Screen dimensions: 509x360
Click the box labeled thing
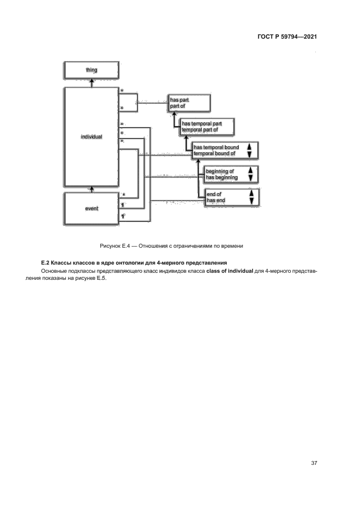pyautogui.click(x=91, y=70)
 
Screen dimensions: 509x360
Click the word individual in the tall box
pyautogui.click(x=91, y=137)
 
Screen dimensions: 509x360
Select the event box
pyautogui.click(x=91, y=208)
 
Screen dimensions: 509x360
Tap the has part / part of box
pyautogui.click(x=188, y=103)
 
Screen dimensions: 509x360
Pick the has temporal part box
pyautogui.click(x=208, y=127)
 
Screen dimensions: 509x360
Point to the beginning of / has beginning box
pyautogui.click(x=229, y=175)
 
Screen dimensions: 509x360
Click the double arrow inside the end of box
pyautogui.click(x=251, y=198)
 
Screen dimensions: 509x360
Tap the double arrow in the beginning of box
pyautogui.click(x=250, y=174)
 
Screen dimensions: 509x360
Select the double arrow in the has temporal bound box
pyautogui.click(x=249, y=151)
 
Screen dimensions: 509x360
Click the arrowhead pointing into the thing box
pyautogui.click(x=91, y=82)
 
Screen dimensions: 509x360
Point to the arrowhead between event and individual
pyautogui.click(x=91, y=189)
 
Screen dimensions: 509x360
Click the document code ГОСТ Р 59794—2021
pyautogui.click(x=287, y=37)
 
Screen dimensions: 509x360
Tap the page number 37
pyautogui.click(x=314, y=463)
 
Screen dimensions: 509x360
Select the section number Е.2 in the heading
pyautogui.click(x=46, y=263)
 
